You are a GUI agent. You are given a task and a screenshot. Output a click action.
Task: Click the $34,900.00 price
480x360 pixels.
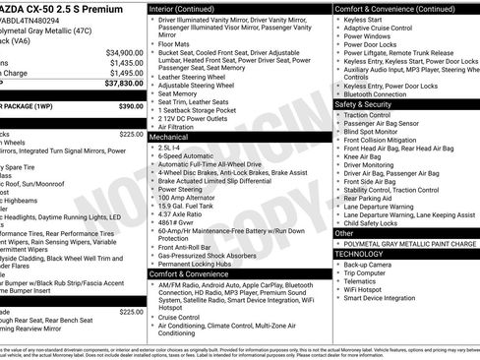(x=124, y=52)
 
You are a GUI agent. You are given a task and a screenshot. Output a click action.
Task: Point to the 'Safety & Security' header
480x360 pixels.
(x=363, y=103)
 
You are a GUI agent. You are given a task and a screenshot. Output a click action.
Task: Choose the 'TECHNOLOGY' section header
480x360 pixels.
(x=359, y=254)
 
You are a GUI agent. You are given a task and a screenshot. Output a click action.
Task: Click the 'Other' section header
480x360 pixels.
(x=344, y=233)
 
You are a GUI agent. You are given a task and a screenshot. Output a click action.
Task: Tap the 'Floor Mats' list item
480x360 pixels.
(x=177, y=44)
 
